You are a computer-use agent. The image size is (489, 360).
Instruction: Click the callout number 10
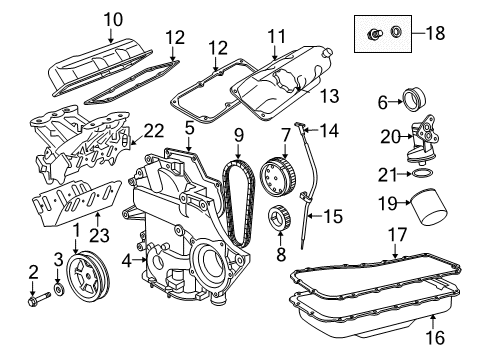(111, 18)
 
